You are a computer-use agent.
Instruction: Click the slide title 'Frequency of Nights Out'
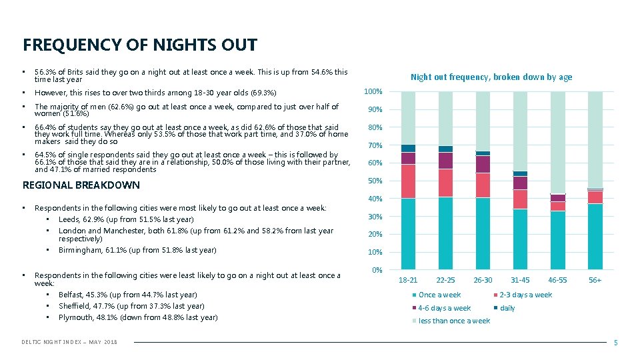point(139,45)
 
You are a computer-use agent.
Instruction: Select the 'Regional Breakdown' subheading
point(81,185)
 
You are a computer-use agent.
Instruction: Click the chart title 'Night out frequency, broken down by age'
point(491,77)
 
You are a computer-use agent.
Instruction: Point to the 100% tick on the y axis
point(373,91)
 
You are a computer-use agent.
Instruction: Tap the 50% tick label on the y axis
point(375,181)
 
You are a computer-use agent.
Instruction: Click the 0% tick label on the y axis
point(377,270)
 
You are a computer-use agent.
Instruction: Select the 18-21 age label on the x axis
point(408,280)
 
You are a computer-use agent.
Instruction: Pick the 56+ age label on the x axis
point(595,280)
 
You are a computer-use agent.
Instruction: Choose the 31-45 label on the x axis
point(520,280)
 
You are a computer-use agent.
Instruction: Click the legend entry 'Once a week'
point(439,295)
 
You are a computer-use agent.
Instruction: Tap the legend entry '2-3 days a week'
point(525,295)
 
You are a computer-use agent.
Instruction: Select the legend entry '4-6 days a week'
point(444,308)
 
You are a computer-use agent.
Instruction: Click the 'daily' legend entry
point(507,308)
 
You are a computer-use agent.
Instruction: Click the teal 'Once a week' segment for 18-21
point(408,233)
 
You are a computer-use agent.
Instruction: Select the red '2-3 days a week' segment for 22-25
point(445,183)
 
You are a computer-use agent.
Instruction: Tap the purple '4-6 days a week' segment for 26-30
point(483,165)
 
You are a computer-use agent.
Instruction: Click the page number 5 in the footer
point(615,342)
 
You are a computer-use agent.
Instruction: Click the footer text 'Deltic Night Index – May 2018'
point(69,342)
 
